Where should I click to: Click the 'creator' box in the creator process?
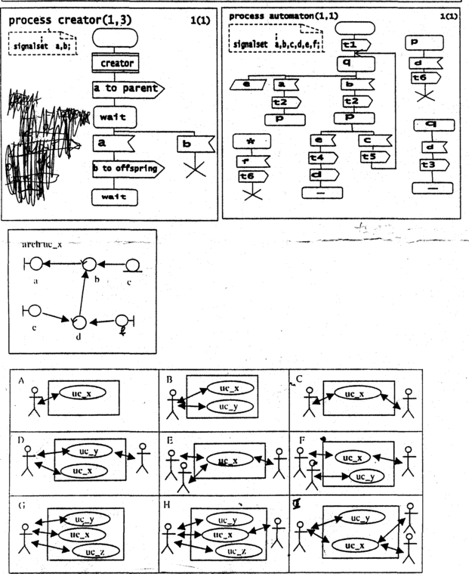tap(116, 64)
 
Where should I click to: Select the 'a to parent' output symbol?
tap(127, 89)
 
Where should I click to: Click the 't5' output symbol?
tap(370, 157)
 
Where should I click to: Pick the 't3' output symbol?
tap(429, 164)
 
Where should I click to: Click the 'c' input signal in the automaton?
tap(373, 139)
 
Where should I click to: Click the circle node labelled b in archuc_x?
tap(90, 263)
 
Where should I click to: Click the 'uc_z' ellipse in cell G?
tap(94, 551)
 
